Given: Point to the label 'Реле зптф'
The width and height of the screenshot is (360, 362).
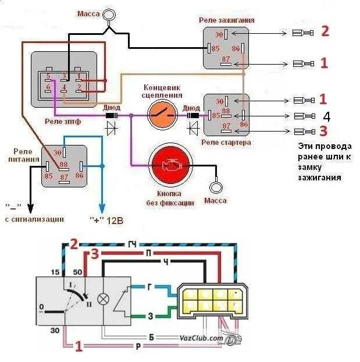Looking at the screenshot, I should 64,122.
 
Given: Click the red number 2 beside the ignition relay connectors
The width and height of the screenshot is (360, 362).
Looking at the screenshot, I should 325,31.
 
